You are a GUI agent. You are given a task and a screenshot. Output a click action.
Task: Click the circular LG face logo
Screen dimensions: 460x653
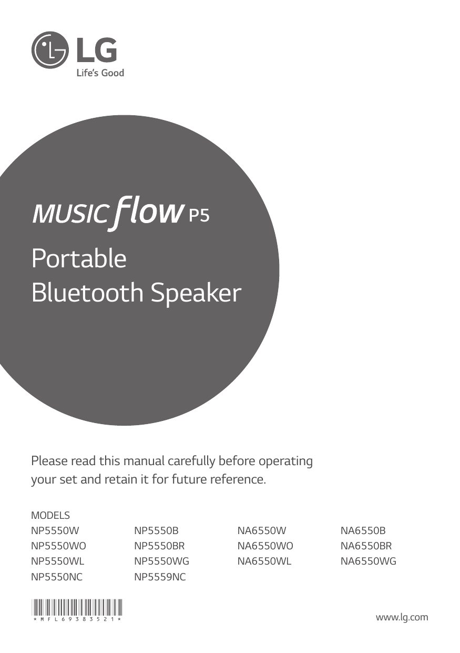49,51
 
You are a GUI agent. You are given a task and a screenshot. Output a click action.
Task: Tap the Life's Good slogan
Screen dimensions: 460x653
100,73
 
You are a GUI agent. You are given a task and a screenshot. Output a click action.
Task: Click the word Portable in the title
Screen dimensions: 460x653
79,259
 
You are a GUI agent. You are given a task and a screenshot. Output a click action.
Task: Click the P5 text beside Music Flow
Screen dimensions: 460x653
199,216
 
